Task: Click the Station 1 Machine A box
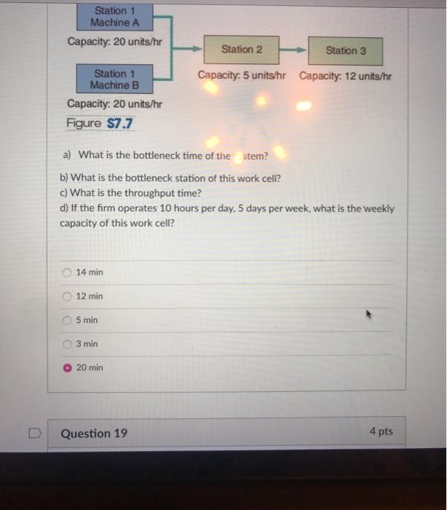point(114,17)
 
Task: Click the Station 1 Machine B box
point(114,79)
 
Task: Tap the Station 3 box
point(346,50)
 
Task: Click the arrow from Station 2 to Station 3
point(293,50)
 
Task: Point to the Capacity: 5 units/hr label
point(241,76)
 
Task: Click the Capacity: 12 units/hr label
point(345,76)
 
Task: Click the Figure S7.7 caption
point(101,123)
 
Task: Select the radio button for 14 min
point(67,272)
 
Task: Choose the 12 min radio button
point(67,297)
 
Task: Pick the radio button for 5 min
point(67,321)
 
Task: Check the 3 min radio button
point(67,344)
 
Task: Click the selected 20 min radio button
point(67,368)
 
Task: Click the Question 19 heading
point(94,433)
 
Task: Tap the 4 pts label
point(381,431)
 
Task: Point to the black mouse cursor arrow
point(369,315)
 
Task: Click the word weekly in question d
point(378,208)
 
